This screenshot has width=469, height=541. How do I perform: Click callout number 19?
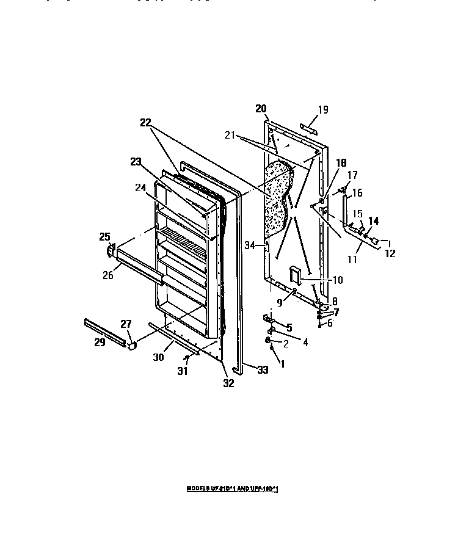tap(323, 110)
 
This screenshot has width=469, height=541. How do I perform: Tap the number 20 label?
tap(261, 109)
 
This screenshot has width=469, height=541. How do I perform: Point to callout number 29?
tap(99, 343)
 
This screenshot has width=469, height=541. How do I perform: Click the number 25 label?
tap(104, 236)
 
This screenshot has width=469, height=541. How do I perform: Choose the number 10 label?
tap(338, 280)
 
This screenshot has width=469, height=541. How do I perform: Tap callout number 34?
tap(249, 245)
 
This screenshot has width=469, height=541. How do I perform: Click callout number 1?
tap(282, 364)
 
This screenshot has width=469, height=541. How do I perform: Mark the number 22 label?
tap(145, 122)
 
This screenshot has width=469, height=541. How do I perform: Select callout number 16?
tap(357, 193)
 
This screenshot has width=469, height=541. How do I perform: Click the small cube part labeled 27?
tap(130, 345)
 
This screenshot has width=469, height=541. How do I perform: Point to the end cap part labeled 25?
tap(112, 250)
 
